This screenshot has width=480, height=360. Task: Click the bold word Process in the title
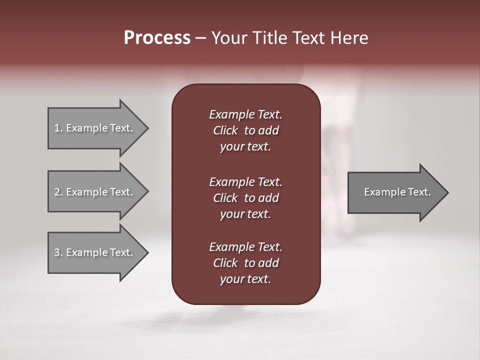(157, 38)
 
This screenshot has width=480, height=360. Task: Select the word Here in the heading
(349, 38)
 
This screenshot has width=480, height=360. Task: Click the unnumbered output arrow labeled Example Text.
(397, 192)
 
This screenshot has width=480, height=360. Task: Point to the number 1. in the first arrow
(58, 128)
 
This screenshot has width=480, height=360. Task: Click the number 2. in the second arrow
(58, 192)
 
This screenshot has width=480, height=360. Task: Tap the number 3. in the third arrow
(58, 252)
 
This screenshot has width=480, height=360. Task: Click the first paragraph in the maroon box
(245, 130)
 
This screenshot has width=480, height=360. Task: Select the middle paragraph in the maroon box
(245, 198)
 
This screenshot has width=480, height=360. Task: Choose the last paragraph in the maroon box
(245, 263)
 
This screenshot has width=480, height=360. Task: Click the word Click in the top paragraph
(225, 130)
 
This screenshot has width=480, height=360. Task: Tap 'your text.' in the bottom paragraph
(245, 279)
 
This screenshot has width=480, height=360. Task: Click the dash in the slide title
(200, 38)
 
